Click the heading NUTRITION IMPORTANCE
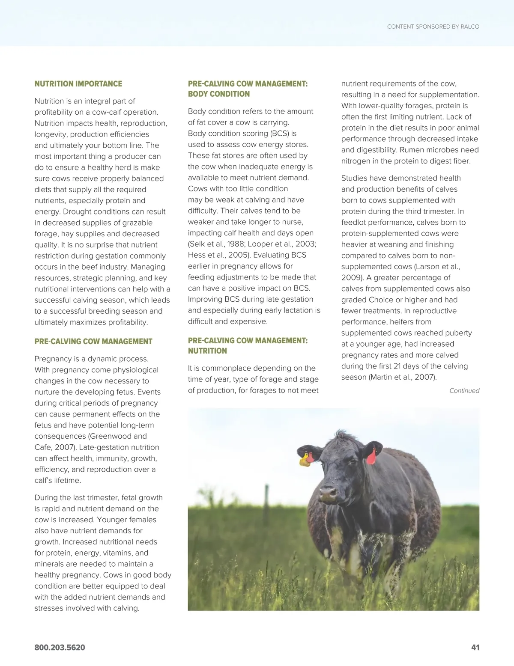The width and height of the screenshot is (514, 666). [x=78, y=84]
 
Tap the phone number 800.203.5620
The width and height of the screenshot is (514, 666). [x=60, y=648]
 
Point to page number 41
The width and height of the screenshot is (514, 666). [x=475, y=648]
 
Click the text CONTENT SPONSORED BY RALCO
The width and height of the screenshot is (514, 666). [x=433, y=27]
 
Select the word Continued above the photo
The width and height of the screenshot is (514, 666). [x=464, y=391]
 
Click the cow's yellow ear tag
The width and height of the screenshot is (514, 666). [x=305, y=460]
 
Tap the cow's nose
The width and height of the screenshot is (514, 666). [x=328, y=495]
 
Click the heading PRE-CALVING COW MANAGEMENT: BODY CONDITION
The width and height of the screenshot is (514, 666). [x=248, y=89]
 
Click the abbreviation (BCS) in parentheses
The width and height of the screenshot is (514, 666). [x=280, y=134]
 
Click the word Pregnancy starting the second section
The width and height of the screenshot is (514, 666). [x=54, y=359]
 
